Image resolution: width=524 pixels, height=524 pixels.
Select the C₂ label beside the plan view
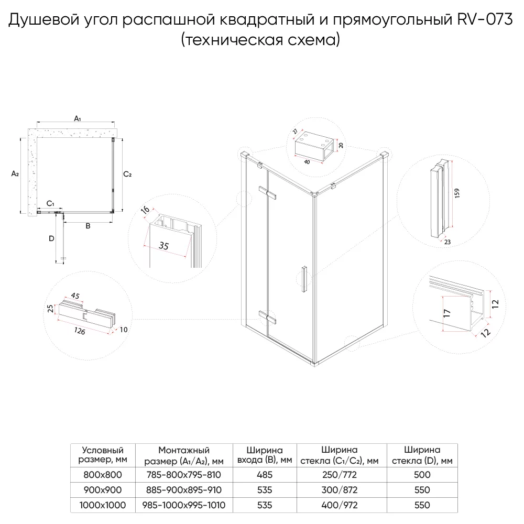pyautogui.click(x=127, y=174)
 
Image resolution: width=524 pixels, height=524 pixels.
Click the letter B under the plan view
pyautogui.click(x=88, y=226)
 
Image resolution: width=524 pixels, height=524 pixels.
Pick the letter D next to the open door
pyautogui.click(x=51, y=239)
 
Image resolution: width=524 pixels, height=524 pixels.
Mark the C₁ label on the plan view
pyautogui.click(x=50, y=203)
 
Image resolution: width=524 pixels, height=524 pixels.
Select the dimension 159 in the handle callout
pyautogui.click(x=458, y=193)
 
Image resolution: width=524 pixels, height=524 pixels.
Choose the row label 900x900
pyautogui.click(x=103, y=490)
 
